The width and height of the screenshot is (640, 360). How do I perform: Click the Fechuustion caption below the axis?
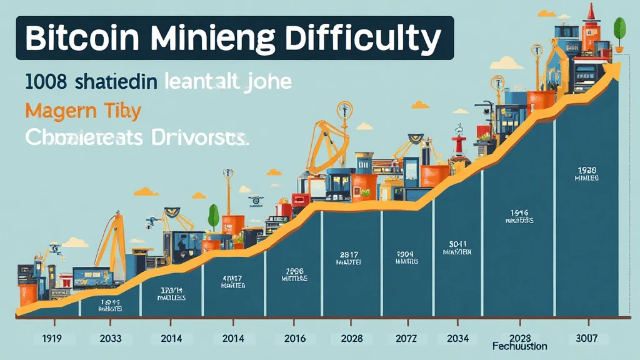(x=519, y=346)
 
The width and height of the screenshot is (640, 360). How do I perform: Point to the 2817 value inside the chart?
(x=348, y=255)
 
